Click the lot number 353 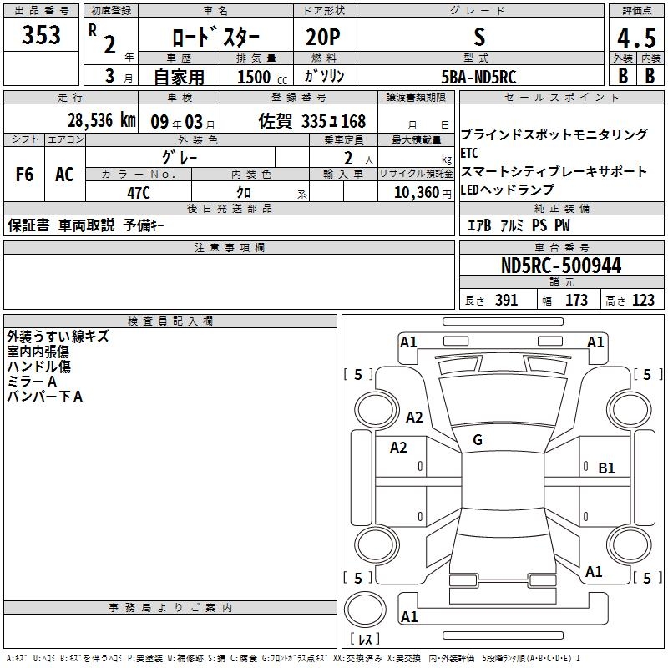coord(41,34)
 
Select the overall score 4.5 coord(636,38)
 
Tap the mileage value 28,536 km coord(101,120)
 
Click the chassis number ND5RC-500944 coord(561,266)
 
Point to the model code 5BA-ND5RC coord(478,77)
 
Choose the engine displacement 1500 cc coord(262,77)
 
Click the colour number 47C coord(139,193)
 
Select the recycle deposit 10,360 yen coord(423,193)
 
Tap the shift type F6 coord(24,175)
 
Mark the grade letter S coord(479,37)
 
